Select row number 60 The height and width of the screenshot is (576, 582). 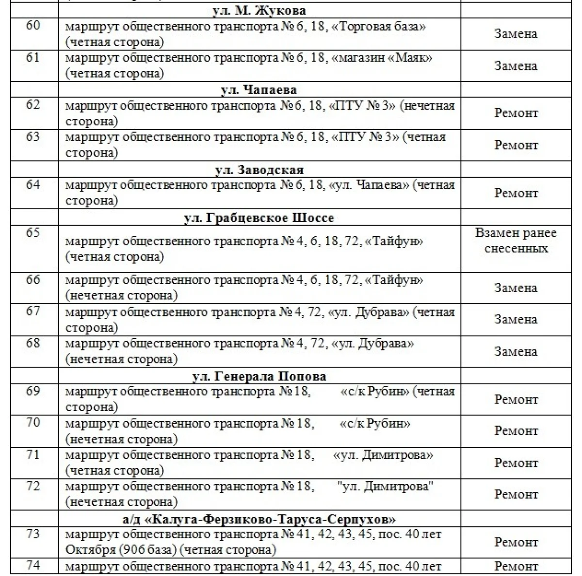point(33,25)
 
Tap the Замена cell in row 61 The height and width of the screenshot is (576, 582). point(516,66)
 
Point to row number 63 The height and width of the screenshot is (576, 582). point(33,137)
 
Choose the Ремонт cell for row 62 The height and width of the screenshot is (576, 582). point(516,113)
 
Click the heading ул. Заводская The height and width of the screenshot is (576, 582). point(259,170)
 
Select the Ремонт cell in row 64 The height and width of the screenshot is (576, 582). point(516,193)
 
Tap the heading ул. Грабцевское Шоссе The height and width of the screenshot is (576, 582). point(259,218)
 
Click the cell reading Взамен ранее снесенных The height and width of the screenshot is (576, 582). point(516,241)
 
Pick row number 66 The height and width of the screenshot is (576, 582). point(33,280)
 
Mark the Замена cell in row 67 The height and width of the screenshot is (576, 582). point(516,319)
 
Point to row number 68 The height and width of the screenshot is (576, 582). point(33,344)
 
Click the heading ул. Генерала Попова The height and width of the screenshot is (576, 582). point(259,377)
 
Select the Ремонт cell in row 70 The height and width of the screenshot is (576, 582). point(516,431)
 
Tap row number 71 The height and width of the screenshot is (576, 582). point(33,455)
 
